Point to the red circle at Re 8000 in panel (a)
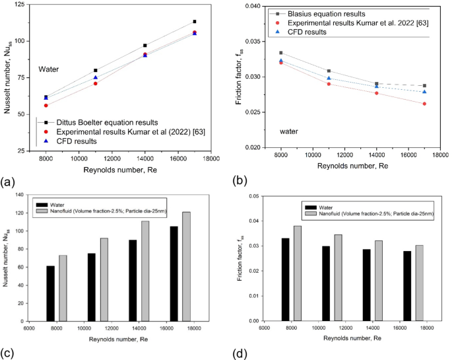point(46,105)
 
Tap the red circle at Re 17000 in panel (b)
point(424,104)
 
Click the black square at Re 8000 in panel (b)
point(281,53)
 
